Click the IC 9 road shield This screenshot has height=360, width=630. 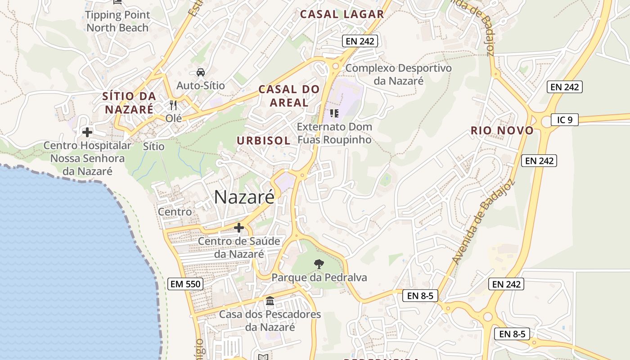pyautogui.click(x=564, y=120)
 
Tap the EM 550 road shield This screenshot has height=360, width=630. pyautogui.click(x=185, y=284)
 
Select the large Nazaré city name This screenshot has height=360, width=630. pyautogui.click(x=244, y=197)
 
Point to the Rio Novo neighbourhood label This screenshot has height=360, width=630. pyautogui.click(x=502, y=131)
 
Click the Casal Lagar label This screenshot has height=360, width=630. pyautogui.click(x=342, y=14)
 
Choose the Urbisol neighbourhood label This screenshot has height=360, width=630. pyautogui.click(x=264, y=140)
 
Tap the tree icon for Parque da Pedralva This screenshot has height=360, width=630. pyautogui.click(x=319, y=264)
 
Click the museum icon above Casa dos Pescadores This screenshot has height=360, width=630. pyautogui.click(x=270, y=301)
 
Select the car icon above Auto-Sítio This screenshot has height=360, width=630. pyautogui.click(x=201, y=72)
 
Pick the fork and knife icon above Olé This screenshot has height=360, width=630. pyautogui.click(x=173, y=105)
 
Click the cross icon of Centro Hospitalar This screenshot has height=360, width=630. pyautogui.click(x=87, y=132)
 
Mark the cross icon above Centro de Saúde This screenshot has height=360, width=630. pyautogui.click(x=239, y=228)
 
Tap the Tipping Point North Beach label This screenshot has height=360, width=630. pyautogui.click(x=117, y=21)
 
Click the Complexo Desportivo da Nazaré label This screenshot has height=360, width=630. pyautogui.click(x=398, y=75)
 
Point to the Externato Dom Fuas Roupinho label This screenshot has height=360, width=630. pyautogui.click(x=334, y=133)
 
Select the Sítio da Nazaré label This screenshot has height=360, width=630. pyautogui.click(x=129, y=103)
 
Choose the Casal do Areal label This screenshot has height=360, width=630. pyautogui.click(x=289, y=96)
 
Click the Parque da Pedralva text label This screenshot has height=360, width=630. pyautogui.click(x=319, y=278)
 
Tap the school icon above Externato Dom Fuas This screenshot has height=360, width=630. pyautogui.click(x=334, y=113)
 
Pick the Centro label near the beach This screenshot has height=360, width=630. pyautogui.click(x=175, y=211)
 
